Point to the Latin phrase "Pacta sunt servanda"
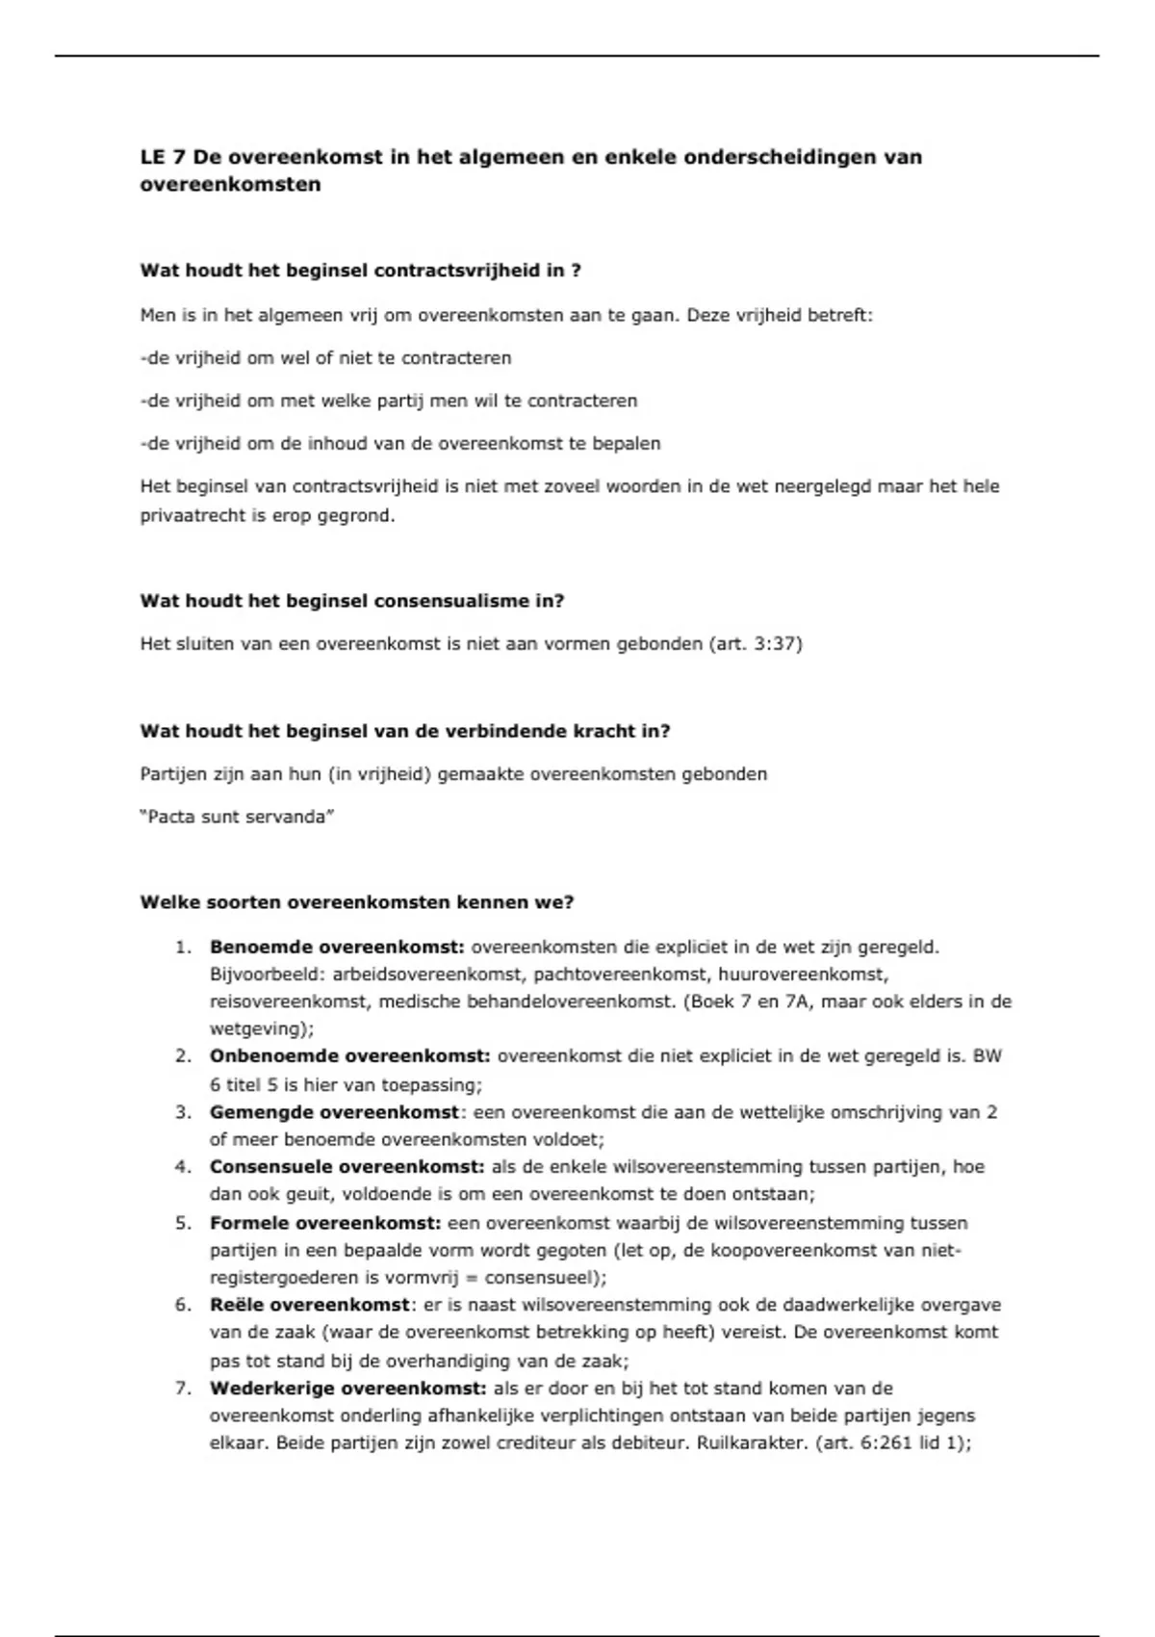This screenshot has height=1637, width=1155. coord(237,817)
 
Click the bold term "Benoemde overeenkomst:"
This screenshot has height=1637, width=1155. coord(337,947)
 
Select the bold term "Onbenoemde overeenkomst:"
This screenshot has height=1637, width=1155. coord(349,1056)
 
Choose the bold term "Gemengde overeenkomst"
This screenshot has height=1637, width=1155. coord(334,1112)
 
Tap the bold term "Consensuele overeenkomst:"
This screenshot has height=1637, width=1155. coord(346,1167)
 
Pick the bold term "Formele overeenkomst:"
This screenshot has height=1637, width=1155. coord(325,1223)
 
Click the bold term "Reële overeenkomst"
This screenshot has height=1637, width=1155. coord(310,1306)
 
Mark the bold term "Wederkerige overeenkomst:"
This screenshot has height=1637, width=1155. coord(347,1389)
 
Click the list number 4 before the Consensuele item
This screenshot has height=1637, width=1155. coord(183,1167)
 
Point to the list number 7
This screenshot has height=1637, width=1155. coord(183,1389)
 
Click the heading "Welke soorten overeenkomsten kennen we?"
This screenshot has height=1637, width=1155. coord(357,902)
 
